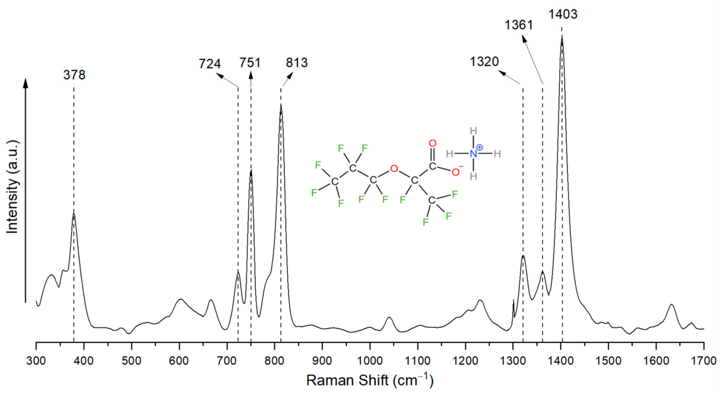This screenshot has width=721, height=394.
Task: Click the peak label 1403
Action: pyautogui.click(x=562, y=14)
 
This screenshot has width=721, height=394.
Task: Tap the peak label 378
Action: pyautogui.click(x=74, y=75)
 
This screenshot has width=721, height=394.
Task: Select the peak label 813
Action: pyautogui.click(x=297, y=63)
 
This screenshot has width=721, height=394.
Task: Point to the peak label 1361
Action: pyautogui.click(x=519, y=25)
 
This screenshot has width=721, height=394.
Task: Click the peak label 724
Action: pyautogui.click(x=210, y=64)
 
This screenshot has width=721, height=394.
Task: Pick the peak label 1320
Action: pyautogui.click(x=484, y=62)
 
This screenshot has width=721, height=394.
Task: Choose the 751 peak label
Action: pyautogui.click(x=250, y=63)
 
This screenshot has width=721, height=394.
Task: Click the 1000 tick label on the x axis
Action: pyautogui.click(x=370, y=361)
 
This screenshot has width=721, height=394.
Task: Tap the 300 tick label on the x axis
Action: pyautogui.click(x=36, y=361)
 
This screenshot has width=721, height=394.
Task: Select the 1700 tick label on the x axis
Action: pyautogui.click(x=703, y=361)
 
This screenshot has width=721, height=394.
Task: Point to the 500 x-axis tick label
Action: pyautogui.click(x=131, y=361)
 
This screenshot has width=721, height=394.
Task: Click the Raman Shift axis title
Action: pyautogui.click(x=370, y=381)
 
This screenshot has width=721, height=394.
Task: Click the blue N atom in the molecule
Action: pyautogui.click(x=473, y=154)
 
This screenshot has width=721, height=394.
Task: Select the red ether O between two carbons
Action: pyautogui.click(x=394, y=168)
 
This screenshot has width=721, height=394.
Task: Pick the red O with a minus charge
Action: pyautogui.click(x=456, y=172)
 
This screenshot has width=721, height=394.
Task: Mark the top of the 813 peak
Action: pyautogui.click(x=281, y=105)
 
